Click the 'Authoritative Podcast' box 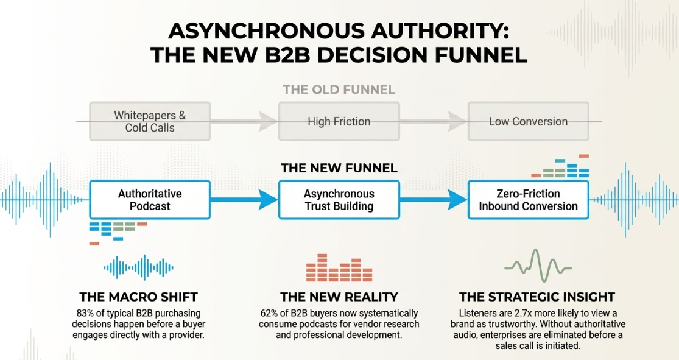pyautogui.click(x=150, y=200)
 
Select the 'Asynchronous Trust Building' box pyautogui.click(x=339, y=200)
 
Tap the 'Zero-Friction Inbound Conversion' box pyautogui.click(x=529, y=200)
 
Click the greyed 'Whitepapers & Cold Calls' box pyautogui.click(x=150, y=121)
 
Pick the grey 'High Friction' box pyautogui.click(x=339, y=121)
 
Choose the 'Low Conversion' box pyautogui.click(x=529, y=121)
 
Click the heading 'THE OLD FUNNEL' pyautogui.click(x=339, y=90)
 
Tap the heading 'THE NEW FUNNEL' pyautogui.click(x=339, y=168)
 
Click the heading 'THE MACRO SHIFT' pyautogui.click(x=139, y=297)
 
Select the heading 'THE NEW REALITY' pyautogui.click(x=339, y=297)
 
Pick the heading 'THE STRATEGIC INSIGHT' pyautogui.click(x=537, y=297)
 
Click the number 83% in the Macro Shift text pyautogui.click(x=84, y=313)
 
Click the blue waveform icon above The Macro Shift pyautogui.click(x=139, y=268)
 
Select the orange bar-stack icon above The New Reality pyautogui.click(x=339, y=268)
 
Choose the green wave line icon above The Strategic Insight pyautogui.click(x=538, y=266)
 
